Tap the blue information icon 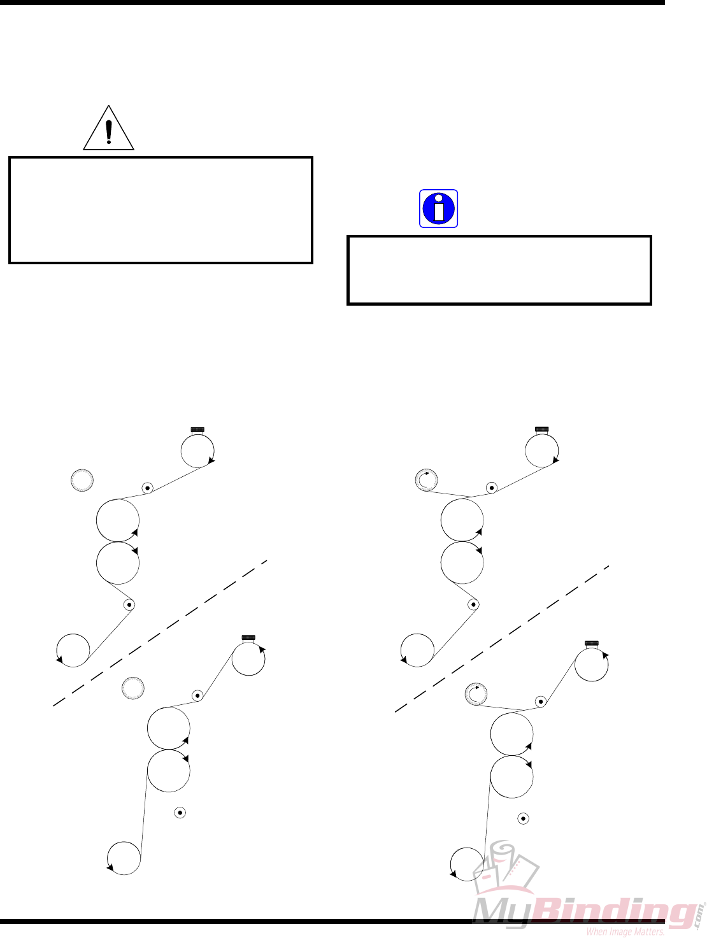[439, 208]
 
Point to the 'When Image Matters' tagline [625, 932]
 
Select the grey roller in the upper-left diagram [82, 480]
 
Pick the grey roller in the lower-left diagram [133, 688]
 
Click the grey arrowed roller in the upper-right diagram [426, 480]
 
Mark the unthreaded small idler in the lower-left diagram [180, 813]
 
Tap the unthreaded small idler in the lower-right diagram [523, 818]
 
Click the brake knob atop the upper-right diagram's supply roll [542, 429]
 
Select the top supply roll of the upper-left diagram [197, 451]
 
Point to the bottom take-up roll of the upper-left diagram [73, 650]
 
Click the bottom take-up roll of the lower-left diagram [124, 858]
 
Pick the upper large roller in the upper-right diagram [462, 520]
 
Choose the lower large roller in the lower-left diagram [168, 771]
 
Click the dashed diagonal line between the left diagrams [159, 633]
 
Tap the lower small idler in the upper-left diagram [129, 604]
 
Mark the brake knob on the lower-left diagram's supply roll [248, 637]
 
